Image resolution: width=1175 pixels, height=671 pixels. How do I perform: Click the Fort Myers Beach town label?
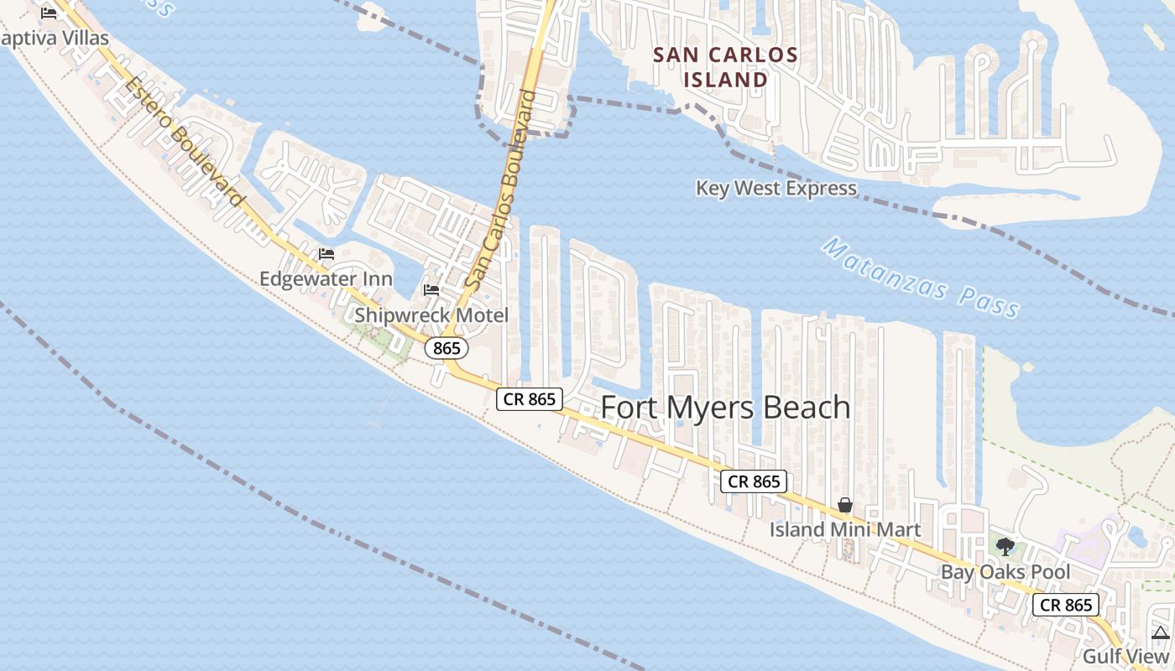coord(726,408)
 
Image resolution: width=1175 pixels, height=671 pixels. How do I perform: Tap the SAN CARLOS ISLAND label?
coord(726,67)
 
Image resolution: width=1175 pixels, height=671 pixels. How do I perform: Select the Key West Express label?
coord(776,188)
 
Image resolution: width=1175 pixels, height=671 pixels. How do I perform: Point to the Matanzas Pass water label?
coord(922,277)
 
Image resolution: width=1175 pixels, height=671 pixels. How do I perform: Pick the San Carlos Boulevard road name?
coord(502,191)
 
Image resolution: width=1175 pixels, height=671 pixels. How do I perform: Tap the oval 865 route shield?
coord(446,348)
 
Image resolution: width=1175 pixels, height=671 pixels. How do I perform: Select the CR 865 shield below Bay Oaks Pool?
coord(1066,605)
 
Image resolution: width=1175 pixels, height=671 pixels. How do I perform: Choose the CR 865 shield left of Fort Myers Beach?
coord(530,399)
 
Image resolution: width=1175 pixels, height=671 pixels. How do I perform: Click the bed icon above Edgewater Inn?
coord(326,254)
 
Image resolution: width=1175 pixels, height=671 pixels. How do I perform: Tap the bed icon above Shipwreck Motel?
coord(431,290)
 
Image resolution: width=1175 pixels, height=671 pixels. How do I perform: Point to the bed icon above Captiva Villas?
coord(49,13)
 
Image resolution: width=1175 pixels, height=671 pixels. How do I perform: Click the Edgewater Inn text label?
coord(326,278)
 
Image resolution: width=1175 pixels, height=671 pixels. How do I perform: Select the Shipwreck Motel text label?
coord(431,315)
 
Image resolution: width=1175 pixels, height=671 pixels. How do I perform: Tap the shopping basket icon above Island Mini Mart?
coord(845,505)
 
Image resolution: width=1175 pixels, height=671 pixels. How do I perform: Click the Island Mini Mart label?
coord(845,530)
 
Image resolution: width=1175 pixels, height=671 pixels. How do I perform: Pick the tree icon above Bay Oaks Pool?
coord(1005,547)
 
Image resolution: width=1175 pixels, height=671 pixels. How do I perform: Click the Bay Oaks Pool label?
coord(1005,572)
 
